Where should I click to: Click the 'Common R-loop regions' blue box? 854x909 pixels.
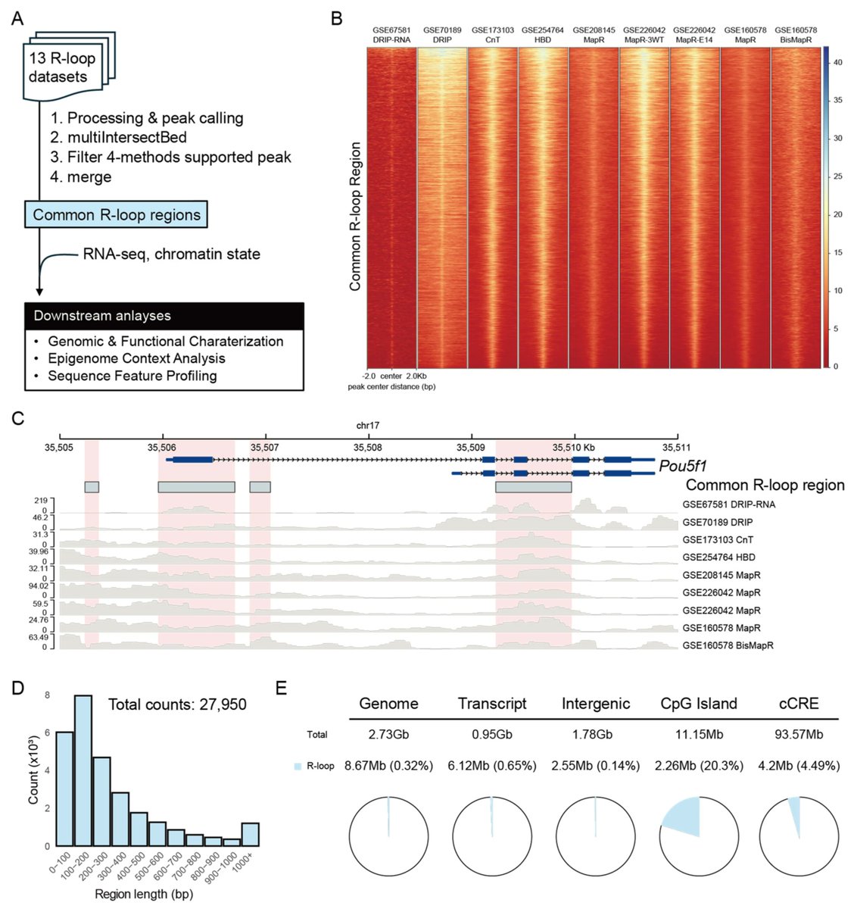click(x=116, y=214)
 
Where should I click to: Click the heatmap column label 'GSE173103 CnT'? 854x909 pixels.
click(x=493, y=35)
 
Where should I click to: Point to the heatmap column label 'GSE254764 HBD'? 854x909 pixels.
click(x=543, y=35)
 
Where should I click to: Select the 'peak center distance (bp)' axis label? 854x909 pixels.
click(x=391, y=387)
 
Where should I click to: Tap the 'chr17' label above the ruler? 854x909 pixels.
click(x=368, y=426)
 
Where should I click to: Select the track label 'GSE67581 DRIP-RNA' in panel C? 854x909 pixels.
click(x=728, y=504)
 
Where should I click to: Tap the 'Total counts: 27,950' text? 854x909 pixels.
click(x=177, y=704)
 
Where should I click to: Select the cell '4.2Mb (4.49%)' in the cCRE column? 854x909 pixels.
click(x=798, y=766)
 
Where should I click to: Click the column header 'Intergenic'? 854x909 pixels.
click(x=595, y=704)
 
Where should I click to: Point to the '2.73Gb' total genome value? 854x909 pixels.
click(x=388, y=734)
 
